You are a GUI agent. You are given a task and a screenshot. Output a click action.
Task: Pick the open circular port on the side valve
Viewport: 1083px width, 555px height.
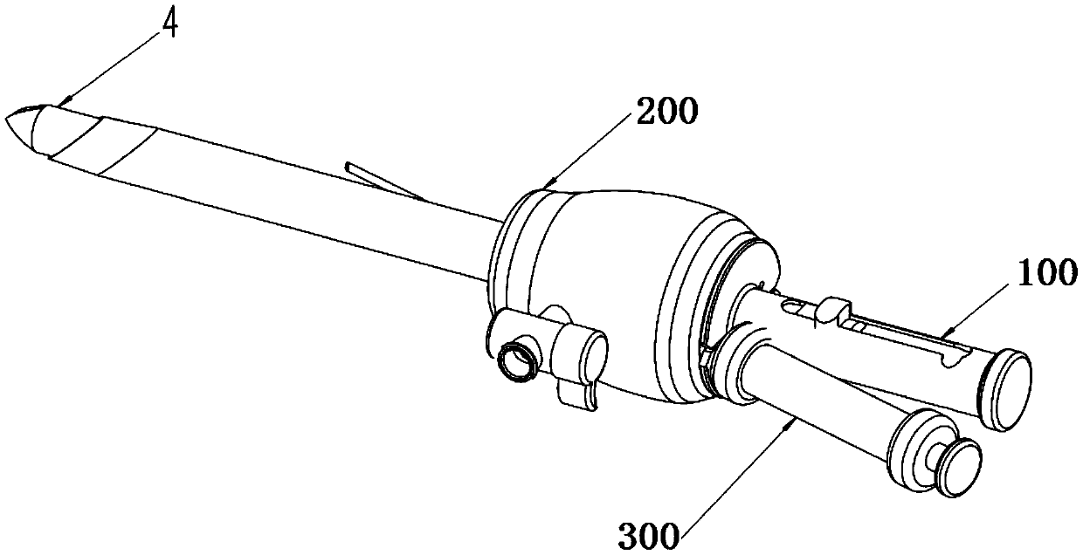coord(516,360)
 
